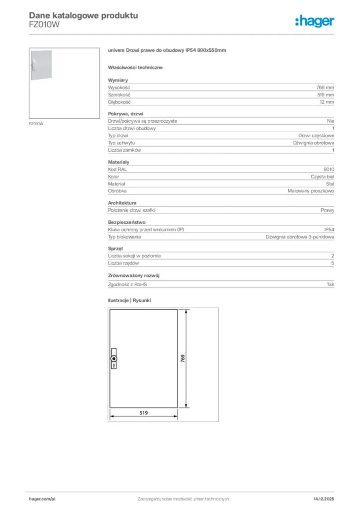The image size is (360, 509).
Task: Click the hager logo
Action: click(315, 21)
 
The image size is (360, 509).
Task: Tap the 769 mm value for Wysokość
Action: click(326, 87)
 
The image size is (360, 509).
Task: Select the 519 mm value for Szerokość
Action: click(326, 94)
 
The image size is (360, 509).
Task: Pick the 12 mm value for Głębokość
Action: click(327, 102)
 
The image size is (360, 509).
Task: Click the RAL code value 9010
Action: click(329, 170)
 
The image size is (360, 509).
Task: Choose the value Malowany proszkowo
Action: click(311, 191)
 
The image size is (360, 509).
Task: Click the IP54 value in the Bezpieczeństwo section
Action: click(329, 230)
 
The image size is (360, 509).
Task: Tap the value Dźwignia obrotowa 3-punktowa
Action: click(300, 237)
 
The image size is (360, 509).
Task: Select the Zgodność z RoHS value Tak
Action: click(330, 285)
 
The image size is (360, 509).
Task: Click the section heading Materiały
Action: click(119, 162)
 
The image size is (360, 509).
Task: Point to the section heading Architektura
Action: click(122, 203)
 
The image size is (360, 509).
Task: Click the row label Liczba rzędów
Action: click(123, 263)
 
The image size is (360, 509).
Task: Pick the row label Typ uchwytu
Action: click(121, 143)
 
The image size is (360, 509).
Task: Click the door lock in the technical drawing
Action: click(113, 359)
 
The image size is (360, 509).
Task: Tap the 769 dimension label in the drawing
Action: click(182, 359)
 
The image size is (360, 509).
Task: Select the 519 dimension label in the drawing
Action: click(143, 413)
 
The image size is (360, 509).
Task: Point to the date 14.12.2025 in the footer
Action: click(324, 499)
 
